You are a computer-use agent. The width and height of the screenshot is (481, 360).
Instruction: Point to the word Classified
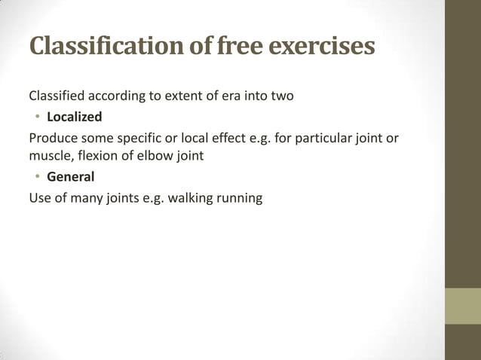57,97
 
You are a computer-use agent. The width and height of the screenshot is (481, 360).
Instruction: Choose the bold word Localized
74,117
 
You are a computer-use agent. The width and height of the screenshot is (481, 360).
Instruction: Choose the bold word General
70,178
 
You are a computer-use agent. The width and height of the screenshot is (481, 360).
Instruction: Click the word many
83,199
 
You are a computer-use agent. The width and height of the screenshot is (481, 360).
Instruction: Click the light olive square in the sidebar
462,306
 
